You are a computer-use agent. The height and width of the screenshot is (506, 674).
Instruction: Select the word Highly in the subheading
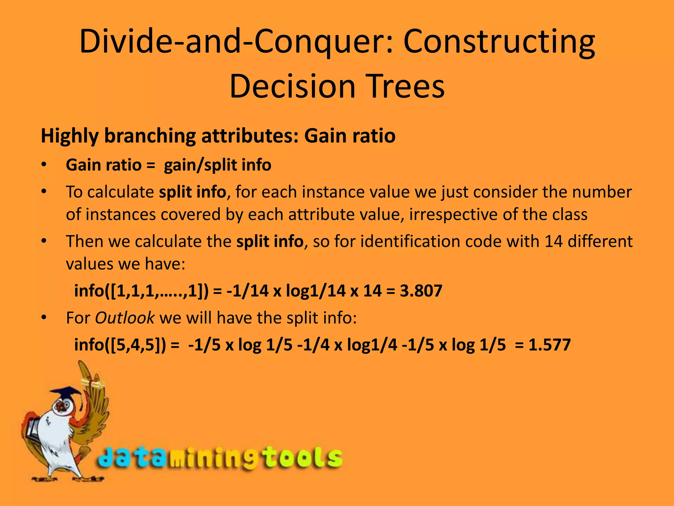69,136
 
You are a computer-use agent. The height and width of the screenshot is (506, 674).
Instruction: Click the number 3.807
421,291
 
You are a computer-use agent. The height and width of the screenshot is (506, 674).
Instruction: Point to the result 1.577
549,345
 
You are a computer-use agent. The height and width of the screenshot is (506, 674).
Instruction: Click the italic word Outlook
124,318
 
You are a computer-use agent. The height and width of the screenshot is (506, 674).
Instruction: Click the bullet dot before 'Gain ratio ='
44,165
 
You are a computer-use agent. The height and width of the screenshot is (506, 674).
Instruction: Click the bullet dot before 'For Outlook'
44,318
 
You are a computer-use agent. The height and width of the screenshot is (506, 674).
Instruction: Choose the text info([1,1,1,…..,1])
141,291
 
